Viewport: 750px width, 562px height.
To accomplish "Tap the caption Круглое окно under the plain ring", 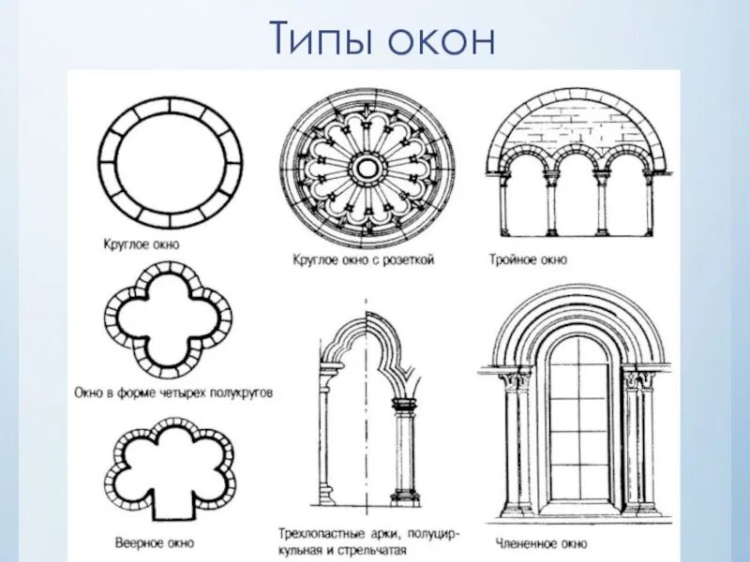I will point(141,244).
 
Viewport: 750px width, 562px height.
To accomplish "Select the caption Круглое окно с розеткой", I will point(363,259).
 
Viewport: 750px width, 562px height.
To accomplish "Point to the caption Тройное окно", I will point(527,259).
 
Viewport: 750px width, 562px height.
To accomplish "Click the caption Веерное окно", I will point(154,541).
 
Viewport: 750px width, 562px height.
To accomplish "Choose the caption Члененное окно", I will point(538,542).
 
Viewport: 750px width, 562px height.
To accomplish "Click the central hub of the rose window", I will point(367,169).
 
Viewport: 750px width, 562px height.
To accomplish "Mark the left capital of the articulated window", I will point(516,380).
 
